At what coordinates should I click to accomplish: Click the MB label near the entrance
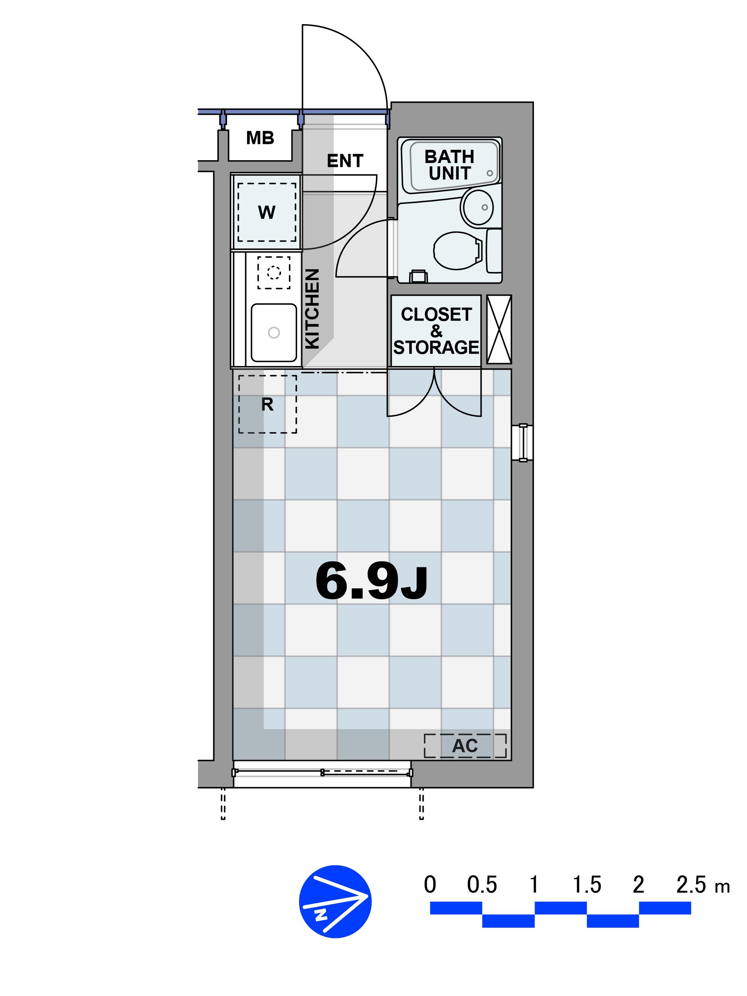(x=260, y=138)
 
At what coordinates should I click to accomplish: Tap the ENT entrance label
(x=345, y=161)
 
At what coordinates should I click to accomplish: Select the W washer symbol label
(x=267, y=212)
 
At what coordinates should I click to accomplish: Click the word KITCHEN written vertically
(x=312, y=309)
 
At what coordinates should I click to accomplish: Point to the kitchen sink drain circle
(x=274, y=333)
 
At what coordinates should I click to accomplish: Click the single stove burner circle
(x=274, y=272)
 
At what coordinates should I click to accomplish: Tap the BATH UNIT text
(x=449, y=165)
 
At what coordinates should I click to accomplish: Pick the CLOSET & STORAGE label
(x=436, y=331)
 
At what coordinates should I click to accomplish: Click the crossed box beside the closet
(x=499, y=329)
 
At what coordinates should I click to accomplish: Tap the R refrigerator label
(x=267, y=405)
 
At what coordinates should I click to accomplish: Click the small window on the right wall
(x=523, y=443)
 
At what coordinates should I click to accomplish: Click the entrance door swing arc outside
(x=363, y=49)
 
